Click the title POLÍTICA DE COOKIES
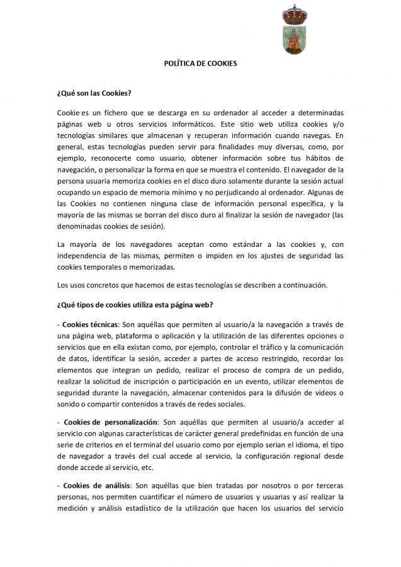tap(200, 64)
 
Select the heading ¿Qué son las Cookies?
tap(94, 94)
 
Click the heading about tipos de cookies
tap(135, 306)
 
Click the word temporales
tap(99, 266)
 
